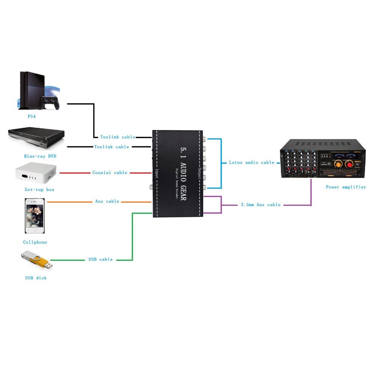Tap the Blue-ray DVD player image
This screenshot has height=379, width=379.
[36, 139]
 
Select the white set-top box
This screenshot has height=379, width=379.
[36, 172]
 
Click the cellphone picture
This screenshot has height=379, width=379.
[34, 216]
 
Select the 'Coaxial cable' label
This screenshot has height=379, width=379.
[110, 172]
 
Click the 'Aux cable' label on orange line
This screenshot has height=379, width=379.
[107, 201]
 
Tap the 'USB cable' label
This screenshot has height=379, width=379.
[100, 260]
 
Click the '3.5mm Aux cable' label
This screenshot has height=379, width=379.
[260, 205]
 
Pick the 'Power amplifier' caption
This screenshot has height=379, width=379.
[346, 187]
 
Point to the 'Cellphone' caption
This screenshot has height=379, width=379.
[35, 242]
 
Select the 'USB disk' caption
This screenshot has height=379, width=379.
[36, 278]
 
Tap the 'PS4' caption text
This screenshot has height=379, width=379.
[32, 117]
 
